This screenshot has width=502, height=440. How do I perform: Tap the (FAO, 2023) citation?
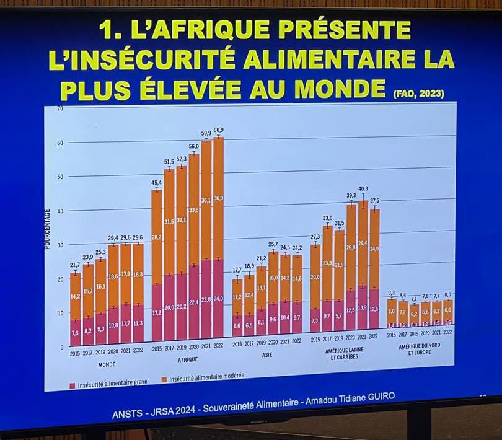[419, 94]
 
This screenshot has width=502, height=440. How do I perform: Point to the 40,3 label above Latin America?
[363, 188]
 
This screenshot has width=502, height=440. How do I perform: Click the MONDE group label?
[106, 364]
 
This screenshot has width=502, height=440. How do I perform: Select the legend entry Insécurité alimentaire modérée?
[206, 376]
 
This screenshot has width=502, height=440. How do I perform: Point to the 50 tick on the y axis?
[59, 177]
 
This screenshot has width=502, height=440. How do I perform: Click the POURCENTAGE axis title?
[47, 229]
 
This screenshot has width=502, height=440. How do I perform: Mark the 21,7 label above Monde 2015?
[75, 265]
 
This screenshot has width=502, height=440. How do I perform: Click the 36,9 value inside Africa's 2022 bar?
[218, 198]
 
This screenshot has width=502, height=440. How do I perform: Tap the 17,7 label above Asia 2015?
[237, 270]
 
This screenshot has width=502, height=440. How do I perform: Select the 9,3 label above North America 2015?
[391, 293]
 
